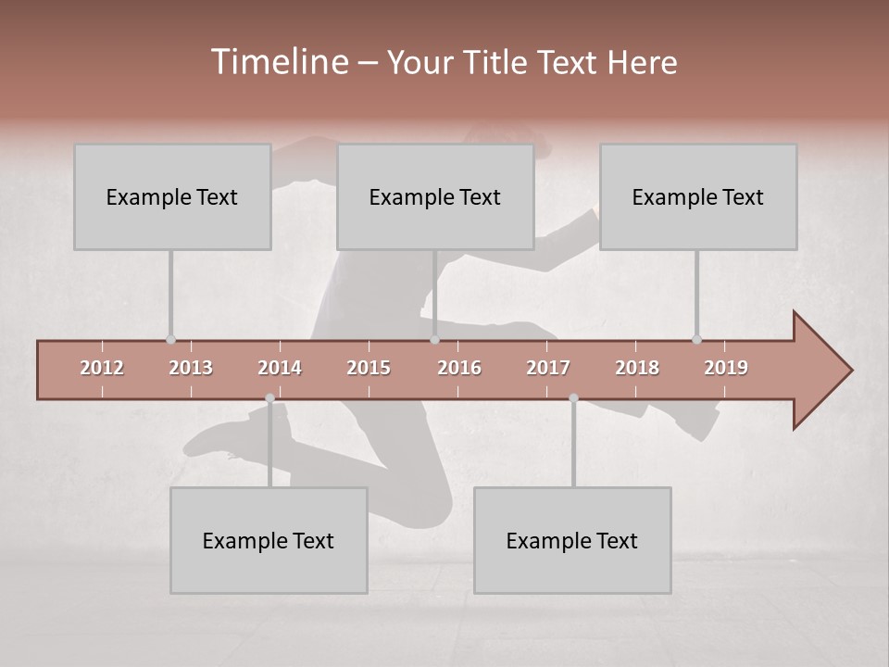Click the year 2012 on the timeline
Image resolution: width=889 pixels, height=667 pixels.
[x=102, y=368]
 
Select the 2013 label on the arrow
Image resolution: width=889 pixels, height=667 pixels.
[x=191, y=368]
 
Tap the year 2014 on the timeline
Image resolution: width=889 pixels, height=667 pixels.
[x=280, y=368]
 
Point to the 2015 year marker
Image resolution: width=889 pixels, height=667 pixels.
[x=369, y=368]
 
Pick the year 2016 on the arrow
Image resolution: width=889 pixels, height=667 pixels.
[x=459, y=368]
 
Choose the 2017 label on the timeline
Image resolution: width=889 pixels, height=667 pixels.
[x=548, y=368]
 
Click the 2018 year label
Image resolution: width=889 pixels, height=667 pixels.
[x=637, y=368]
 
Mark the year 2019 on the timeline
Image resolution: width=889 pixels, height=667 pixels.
[x=726, y=368]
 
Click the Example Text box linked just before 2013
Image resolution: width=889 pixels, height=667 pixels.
[x=172, y=196]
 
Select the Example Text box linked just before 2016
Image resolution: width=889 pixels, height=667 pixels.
[x=435, y=196]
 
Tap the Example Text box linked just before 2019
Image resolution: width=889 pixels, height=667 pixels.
[x=698, y=196]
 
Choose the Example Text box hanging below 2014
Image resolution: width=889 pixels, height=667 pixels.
[x=269, y=540]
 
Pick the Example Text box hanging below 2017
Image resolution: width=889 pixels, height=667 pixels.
[x=572, y=540]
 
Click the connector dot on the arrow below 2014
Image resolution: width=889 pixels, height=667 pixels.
[x=269, y=398]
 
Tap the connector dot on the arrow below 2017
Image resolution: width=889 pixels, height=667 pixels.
[x=573, y=398]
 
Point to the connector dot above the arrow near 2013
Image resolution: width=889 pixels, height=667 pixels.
[x=170, y=340]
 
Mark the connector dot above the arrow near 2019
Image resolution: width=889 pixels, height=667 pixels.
[x=696, y=340]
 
